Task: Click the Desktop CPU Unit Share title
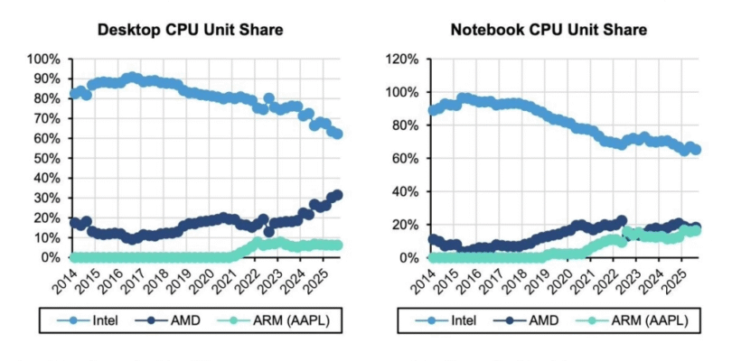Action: tap(191, 31)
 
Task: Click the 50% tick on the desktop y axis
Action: tap(46, 158)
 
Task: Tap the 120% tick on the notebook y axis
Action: tap(401, 60)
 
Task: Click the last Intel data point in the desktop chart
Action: tap(337, 134)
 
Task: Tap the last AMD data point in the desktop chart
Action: tap(337, 195)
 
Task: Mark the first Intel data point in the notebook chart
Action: tap(432, 110)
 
